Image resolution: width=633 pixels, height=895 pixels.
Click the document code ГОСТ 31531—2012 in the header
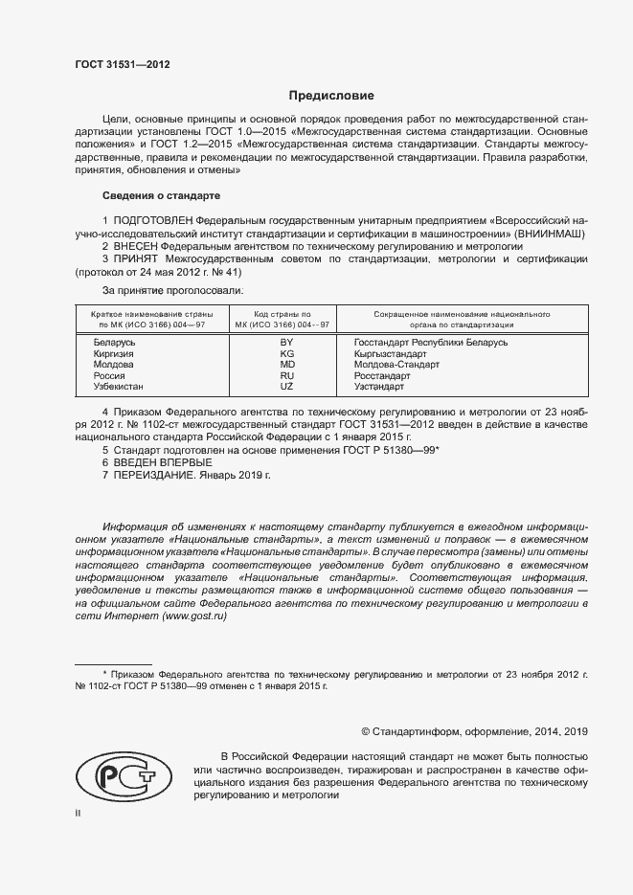(x=122, y=66)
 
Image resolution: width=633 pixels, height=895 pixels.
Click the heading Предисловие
(x=331, y=96)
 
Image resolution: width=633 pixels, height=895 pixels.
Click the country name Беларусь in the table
(x=115, y=342)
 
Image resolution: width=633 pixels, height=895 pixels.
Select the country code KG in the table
(x=285, y=353)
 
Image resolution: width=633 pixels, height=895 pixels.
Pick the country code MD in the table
(x=285, y=365)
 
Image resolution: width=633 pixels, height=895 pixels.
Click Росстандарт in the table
(x=382, y=376)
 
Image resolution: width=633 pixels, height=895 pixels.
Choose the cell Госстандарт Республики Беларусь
(x=431, y=342)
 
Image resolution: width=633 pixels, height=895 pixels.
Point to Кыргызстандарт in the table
(x=390, y=353)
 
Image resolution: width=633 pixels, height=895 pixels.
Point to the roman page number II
(x=79, y=814)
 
